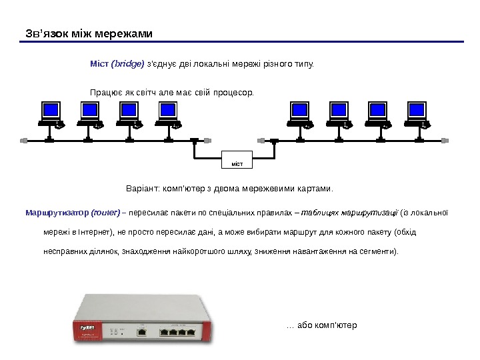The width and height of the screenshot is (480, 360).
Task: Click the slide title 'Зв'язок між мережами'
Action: (x=88, y=33)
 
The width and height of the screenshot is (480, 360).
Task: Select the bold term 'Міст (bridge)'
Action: (x=117, y=65)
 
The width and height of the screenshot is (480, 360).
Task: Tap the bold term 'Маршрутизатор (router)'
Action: (x=72, y=213)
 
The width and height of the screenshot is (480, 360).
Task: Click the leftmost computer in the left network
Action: (x=51, y=114)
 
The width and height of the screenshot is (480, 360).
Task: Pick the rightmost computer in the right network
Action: (x=417, y=114)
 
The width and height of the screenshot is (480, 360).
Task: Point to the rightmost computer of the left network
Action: (x=167, y=114)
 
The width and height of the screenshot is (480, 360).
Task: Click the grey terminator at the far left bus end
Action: (x=25, y=140)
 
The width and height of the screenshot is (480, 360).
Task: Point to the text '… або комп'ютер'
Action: (x=321, y=326)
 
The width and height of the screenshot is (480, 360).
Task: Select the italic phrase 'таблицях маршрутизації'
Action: (x=349, y=213)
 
